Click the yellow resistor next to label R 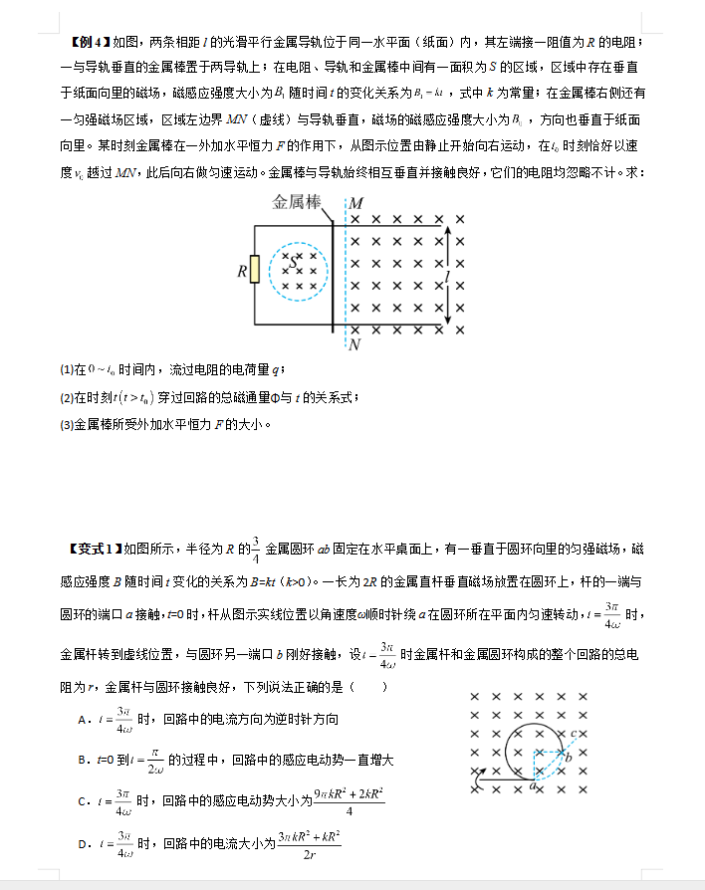255,269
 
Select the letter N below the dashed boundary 354,345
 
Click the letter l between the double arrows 449,275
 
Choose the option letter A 82,719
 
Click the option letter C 82,801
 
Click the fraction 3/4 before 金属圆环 256,548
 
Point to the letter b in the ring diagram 568,758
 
